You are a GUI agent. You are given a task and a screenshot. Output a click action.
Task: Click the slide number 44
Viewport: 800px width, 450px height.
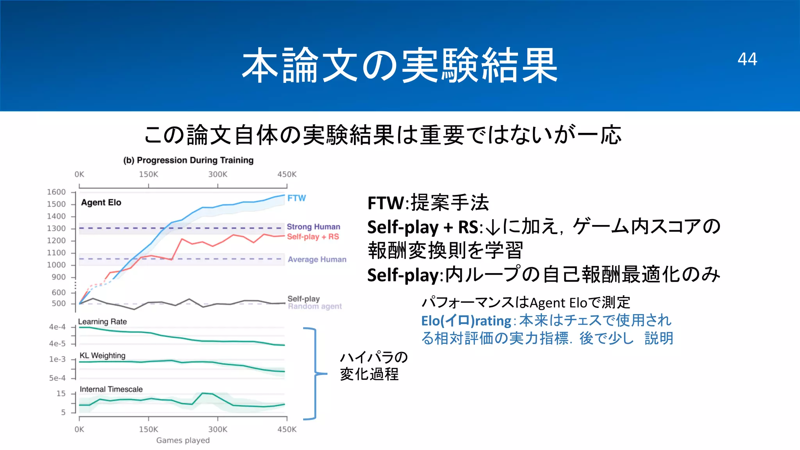point(747,59)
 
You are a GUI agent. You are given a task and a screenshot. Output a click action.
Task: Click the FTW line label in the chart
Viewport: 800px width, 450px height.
point(296,198)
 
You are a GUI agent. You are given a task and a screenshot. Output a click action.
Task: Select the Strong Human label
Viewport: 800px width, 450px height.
point(313,227)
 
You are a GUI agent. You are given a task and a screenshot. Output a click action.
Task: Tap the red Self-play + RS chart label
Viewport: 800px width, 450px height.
point(313,237)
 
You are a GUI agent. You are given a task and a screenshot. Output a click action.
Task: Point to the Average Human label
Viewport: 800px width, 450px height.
point(317,259)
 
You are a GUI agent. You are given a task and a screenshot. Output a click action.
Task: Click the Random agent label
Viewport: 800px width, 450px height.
point(314,307)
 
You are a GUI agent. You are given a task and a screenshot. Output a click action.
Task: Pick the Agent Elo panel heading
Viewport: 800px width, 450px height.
point(101,202)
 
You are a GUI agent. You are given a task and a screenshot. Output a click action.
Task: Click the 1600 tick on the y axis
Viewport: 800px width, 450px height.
point(56,192)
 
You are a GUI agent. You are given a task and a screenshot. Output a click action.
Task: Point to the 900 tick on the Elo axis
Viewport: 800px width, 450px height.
point(59,277)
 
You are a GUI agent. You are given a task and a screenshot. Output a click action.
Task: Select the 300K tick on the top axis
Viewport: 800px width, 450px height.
point(218,174)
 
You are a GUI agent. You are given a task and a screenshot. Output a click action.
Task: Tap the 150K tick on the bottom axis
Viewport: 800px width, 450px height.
point(148,429)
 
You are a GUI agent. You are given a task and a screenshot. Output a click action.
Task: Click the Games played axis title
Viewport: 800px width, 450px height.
point(183,440)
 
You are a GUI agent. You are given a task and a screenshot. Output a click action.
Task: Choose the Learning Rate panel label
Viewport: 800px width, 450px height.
point(102,321)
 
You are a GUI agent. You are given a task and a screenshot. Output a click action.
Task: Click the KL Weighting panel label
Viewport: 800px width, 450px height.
point(102,355)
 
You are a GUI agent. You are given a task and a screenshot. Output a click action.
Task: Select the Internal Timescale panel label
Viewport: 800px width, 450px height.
point(111,389)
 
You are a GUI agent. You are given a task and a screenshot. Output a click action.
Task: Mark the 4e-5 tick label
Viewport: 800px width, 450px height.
point(57,344)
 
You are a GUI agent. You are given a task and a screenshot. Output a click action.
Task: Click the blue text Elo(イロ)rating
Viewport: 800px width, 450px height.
point(466,321)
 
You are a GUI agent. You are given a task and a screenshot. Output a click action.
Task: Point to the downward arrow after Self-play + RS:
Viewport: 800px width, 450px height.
point(494,227)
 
